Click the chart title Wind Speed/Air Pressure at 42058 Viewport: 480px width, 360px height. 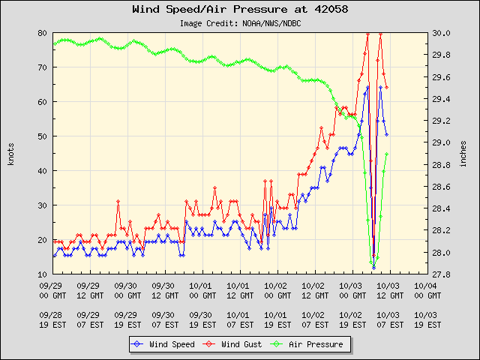(239, 10)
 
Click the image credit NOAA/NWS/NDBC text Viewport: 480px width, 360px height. (240, 23)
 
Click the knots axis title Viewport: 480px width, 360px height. (11, 154)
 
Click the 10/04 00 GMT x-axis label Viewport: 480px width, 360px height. (425, 290)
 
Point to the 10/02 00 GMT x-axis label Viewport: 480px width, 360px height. (275, 290)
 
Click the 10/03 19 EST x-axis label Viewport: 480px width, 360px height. (425, 320)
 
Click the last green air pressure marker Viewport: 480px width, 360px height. (386, 154)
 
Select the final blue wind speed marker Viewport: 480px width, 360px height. (386, 135)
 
